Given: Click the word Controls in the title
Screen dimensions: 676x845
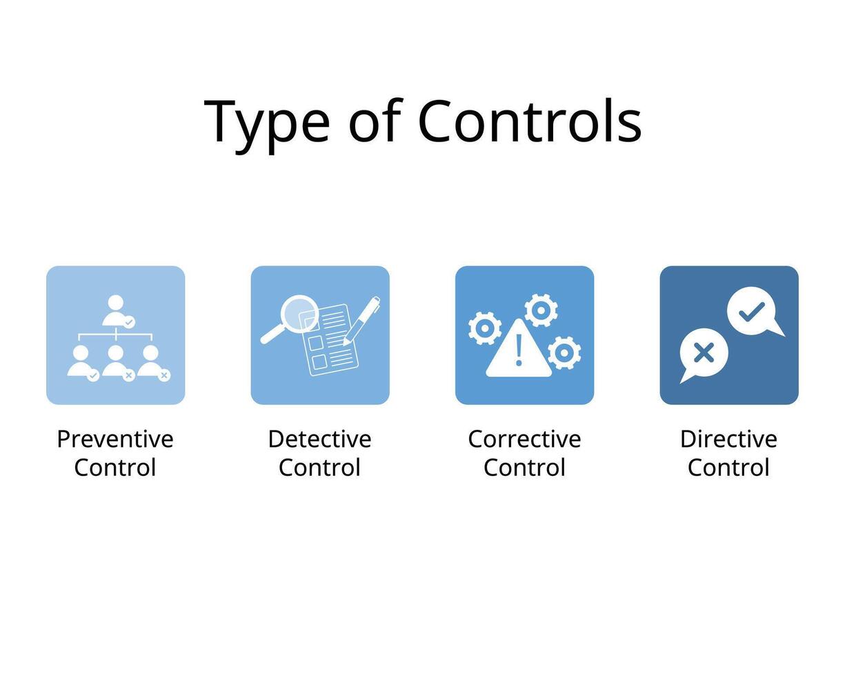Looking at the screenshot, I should click(530, 121).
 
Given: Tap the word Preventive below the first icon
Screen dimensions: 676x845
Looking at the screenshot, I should click(115, 439).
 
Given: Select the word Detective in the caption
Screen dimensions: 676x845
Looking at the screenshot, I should click(319, 439).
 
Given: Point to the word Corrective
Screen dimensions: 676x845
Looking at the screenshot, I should click(524, 439).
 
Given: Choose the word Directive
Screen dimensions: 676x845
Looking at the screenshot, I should click(728, 439).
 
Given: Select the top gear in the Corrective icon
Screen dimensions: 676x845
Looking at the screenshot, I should click(541, 310).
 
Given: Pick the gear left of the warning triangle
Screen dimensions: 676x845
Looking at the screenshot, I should click(485, 328).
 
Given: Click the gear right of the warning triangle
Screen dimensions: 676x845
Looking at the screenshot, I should click(564, 352).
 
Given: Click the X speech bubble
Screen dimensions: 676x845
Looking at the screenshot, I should click(703, 355).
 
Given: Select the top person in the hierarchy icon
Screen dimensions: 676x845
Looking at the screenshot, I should click(116, 311).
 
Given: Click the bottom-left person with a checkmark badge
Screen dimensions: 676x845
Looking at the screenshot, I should click(81, 361).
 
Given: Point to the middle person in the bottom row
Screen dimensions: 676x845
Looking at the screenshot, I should click(116, 361).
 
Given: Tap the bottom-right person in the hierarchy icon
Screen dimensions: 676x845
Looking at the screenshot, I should click(151, 361).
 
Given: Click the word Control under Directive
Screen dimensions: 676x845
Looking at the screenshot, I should click(728, 468).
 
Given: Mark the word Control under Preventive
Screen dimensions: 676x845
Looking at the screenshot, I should click(115, 468).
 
